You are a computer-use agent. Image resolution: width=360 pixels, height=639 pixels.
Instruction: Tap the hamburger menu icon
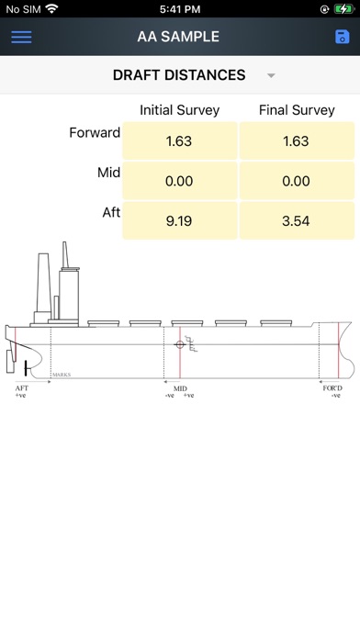[21, 37]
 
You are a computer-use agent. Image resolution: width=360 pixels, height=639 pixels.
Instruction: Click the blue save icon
[342, 37]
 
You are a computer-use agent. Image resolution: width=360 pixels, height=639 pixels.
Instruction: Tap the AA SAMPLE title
[178, 37]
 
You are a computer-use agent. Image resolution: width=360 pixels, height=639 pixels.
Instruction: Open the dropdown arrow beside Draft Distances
[271, 75]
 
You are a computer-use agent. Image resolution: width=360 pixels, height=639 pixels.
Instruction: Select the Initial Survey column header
[179, 110]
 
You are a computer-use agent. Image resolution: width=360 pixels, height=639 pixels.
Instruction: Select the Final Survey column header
[297, 110]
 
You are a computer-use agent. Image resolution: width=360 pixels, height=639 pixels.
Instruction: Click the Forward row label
[95, 132]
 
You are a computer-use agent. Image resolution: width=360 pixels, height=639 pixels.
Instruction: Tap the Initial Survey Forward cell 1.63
[179, 140]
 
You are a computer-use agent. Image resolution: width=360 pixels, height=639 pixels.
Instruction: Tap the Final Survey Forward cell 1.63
[297, 140]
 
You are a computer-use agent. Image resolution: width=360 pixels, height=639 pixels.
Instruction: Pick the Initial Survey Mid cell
[179, 181]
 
